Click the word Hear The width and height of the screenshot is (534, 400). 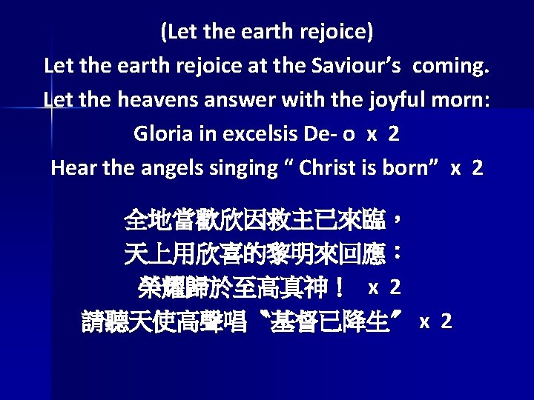click(x=70, y=168)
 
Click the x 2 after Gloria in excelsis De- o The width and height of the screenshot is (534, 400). click(x=383, y=134)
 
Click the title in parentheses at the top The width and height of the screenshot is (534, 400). click(x=266, y=32)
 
